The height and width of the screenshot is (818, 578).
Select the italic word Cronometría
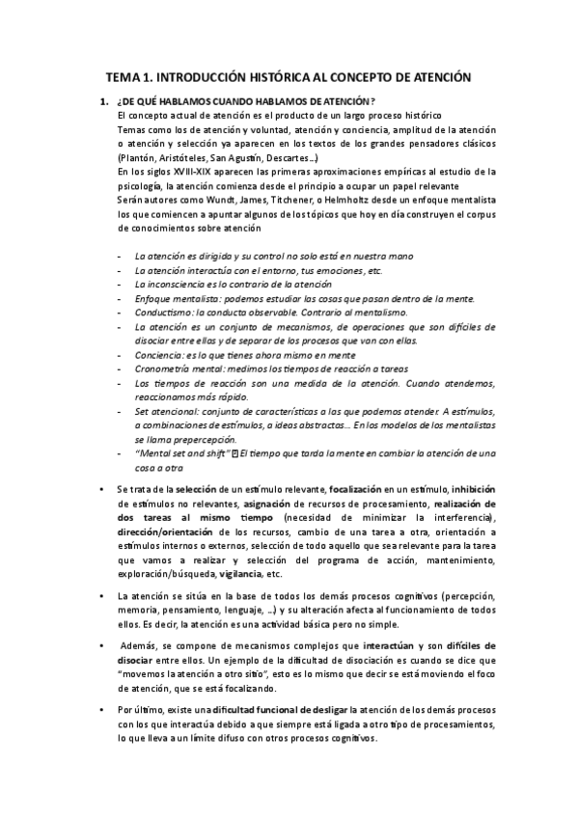(x=168, y=368)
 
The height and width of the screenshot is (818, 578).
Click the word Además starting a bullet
(x=138, y=644)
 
